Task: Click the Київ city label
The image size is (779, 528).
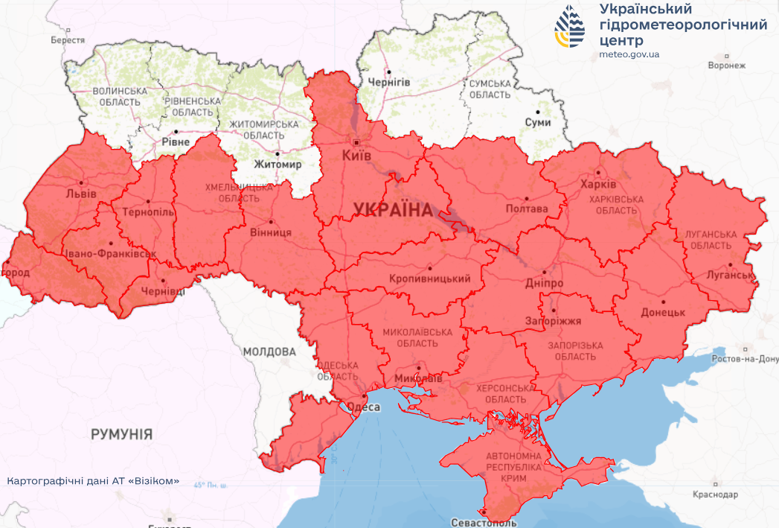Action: pyautogui.click(x=356, y=156)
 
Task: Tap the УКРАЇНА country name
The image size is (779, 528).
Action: pyautogui.click(x=392, y=209)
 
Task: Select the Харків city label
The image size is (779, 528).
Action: pyautogui.click(x=600, y=184)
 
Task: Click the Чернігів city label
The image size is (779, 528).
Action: pyautogui.click(x=388, y=82)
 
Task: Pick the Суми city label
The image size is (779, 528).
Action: pyautogui.click(x=538, y=122)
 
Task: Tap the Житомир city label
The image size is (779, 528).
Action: pyautogui.click(x=278, y=164)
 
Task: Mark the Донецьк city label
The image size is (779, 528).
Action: pyautogui.click(x=662, y=312)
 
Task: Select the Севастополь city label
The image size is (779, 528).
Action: pyautogui.click(x=485, y=523)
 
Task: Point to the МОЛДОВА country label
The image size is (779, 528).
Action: pyautogui.click(x=269, y=351)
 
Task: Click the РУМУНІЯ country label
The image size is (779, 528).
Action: pyautogui.click(x=122, y=433)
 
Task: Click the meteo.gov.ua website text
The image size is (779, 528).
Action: pyautogui.click(x=629, y=54)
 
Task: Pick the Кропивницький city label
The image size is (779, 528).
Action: pyautogui.click(x=429, y=279)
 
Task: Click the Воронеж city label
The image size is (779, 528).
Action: pyautogui.click(x=726, y=65)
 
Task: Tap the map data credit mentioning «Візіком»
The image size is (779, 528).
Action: pyautogui.click(x=93, y=480)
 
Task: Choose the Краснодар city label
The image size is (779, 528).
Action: pyautogui.click(x=714, y=494)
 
